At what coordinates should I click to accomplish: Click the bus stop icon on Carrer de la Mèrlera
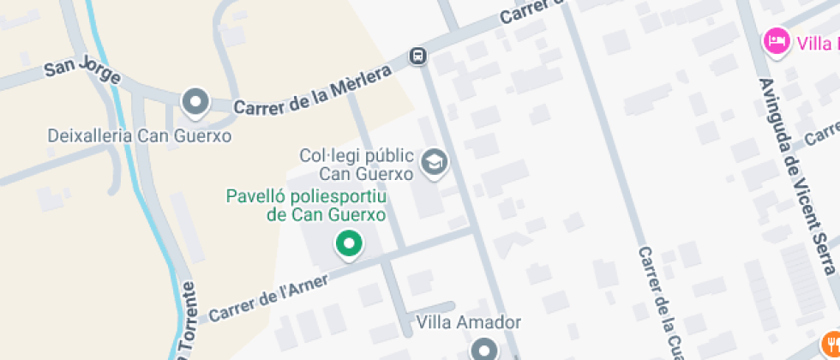418,57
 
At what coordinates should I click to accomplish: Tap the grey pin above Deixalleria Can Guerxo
196,102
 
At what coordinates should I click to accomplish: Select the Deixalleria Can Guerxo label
140,135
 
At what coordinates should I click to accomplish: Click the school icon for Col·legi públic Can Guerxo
435,162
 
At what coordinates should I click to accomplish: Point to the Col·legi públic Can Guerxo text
357,164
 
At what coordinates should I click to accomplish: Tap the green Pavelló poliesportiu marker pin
349,244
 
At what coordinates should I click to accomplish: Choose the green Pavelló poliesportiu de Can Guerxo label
306,206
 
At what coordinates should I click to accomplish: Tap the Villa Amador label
468,323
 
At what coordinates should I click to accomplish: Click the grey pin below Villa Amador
485,349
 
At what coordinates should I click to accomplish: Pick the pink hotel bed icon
777,41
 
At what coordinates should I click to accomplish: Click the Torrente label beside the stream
188,322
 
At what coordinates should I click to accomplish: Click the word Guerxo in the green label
354,215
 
